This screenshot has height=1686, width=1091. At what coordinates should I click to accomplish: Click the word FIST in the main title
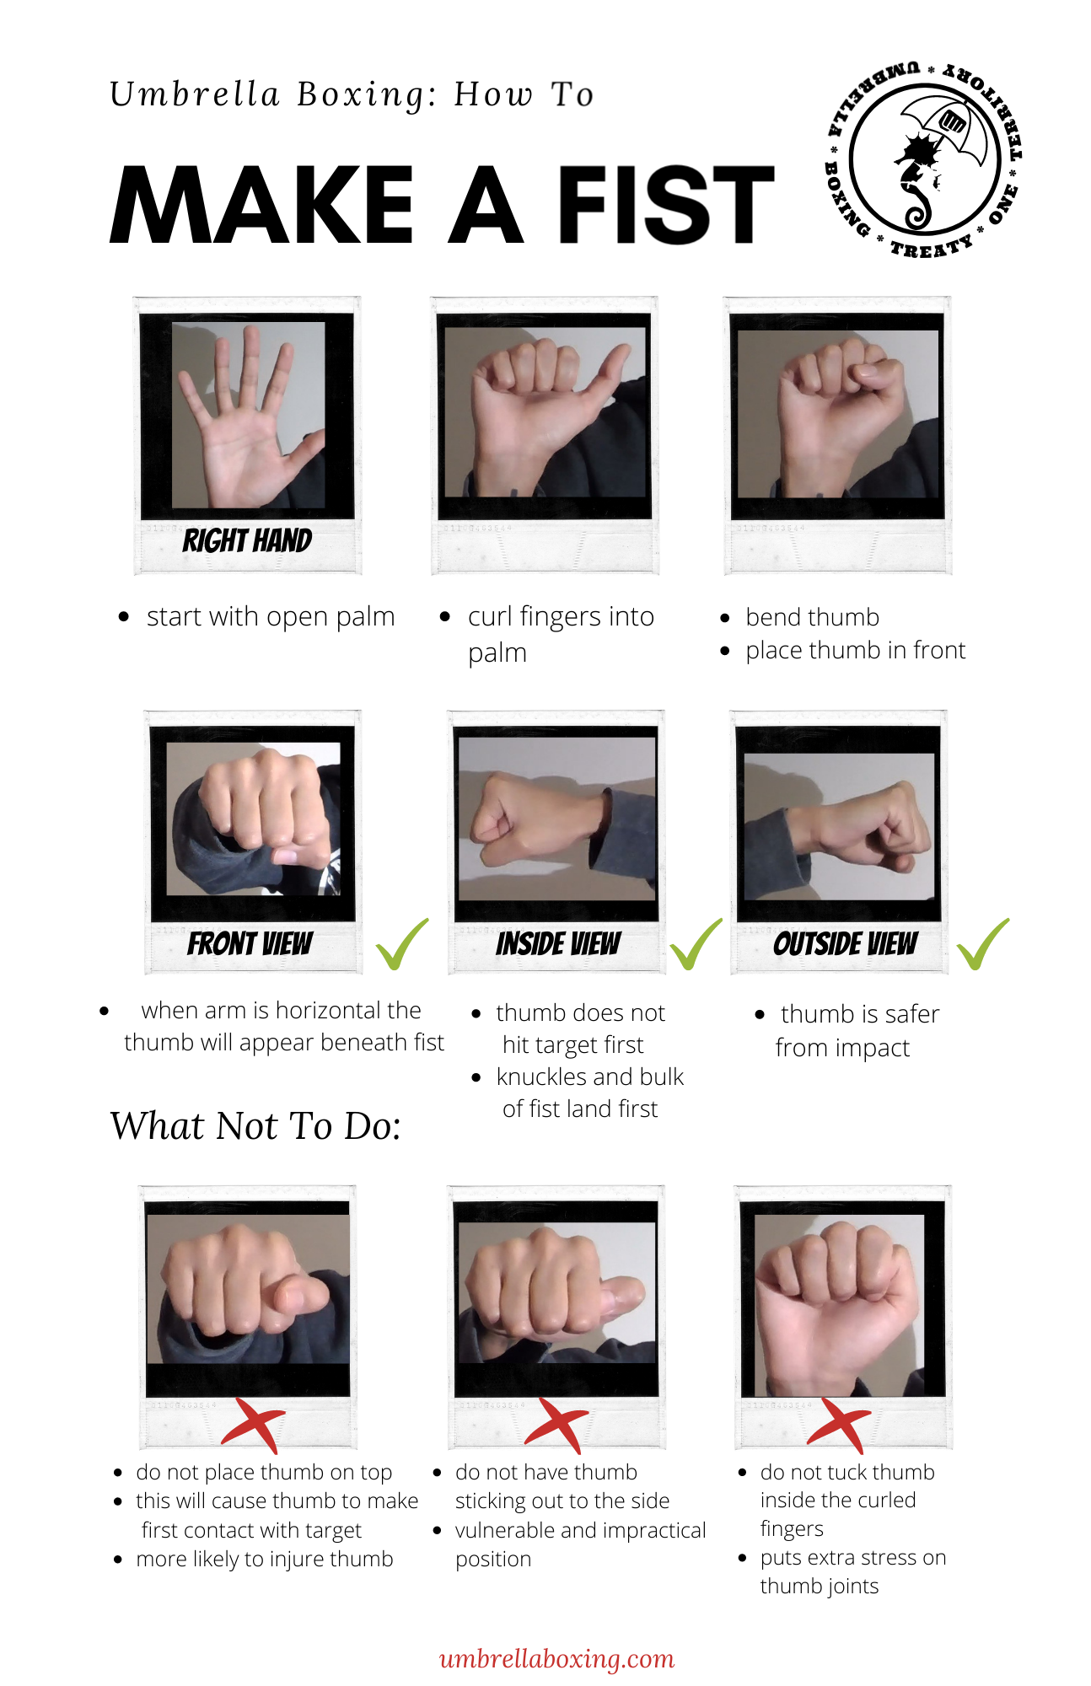click(665, 205)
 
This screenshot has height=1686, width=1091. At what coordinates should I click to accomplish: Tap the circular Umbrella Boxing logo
click(924, 160)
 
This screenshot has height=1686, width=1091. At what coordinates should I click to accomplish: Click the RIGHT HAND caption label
click(247, 540)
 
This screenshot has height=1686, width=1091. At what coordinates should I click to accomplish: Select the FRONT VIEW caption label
click(250, 944)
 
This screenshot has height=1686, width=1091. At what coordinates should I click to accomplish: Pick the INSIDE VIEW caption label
click(558, 944)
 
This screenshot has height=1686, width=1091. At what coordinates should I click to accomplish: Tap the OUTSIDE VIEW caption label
click(845, 944)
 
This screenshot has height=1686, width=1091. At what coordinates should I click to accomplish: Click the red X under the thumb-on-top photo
click(254, 1425)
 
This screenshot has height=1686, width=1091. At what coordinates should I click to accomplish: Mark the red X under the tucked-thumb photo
click(840, 1425)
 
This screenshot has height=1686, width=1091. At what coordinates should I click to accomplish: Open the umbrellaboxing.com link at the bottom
click(556, 1659)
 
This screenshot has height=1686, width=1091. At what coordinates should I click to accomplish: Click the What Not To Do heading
click(255, 1126)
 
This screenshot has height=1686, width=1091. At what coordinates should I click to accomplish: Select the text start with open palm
click(270, 617)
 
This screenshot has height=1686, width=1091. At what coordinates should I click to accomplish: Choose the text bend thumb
click(812, 618)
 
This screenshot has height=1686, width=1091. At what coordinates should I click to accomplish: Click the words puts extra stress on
click(852, 1558)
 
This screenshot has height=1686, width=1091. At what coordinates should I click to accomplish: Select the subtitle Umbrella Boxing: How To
click(352, 94)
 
